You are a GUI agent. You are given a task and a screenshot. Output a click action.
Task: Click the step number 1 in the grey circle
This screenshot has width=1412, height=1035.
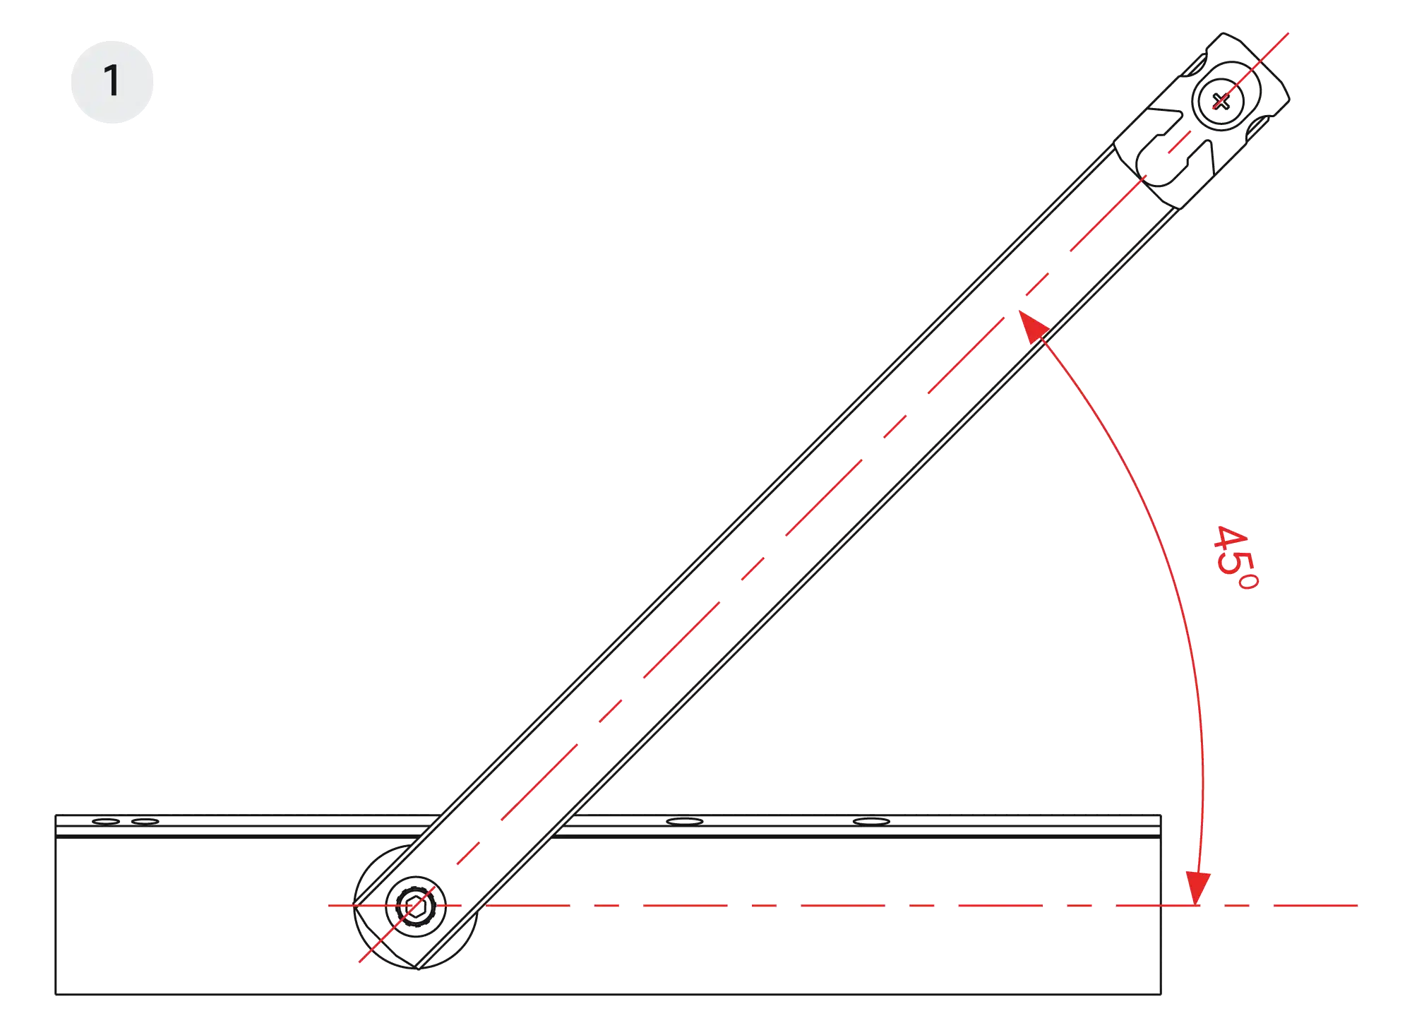112,80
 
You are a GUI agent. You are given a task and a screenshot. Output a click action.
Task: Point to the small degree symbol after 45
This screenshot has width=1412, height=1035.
1248,582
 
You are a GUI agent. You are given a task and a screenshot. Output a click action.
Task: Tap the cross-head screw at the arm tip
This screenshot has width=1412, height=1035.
1221,101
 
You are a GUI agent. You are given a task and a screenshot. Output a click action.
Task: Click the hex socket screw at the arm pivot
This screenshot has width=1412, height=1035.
416,906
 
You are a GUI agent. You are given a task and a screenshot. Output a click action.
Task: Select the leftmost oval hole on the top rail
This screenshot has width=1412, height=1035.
106,821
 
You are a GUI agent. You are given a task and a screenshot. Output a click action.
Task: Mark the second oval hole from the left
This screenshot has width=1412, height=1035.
145,821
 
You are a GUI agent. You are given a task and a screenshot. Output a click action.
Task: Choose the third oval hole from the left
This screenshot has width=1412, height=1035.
685,821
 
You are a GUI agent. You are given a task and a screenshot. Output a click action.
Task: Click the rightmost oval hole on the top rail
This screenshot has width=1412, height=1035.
871,821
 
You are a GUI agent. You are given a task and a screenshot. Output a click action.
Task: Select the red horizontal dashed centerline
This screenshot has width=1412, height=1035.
843,905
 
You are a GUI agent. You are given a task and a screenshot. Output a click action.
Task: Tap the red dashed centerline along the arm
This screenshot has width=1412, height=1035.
823,497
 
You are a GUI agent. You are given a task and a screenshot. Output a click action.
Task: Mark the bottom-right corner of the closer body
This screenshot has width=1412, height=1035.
1161,994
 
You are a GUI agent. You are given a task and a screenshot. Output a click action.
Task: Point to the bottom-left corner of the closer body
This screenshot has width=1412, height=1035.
56,994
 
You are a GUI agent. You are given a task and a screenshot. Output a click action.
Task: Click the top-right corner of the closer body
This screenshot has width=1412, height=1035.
1161,815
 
